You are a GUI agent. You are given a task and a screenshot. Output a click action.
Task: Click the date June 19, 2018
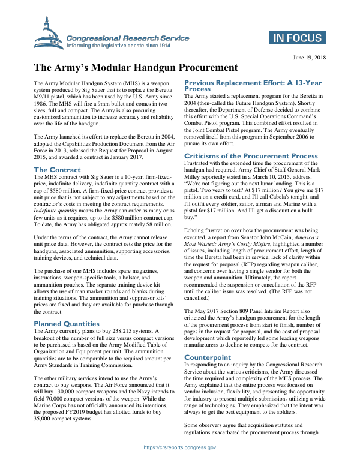tap(309, 57)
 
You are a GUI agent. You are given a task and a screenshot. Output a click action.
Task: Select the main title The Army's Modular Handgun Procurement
tap(136, 68)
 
